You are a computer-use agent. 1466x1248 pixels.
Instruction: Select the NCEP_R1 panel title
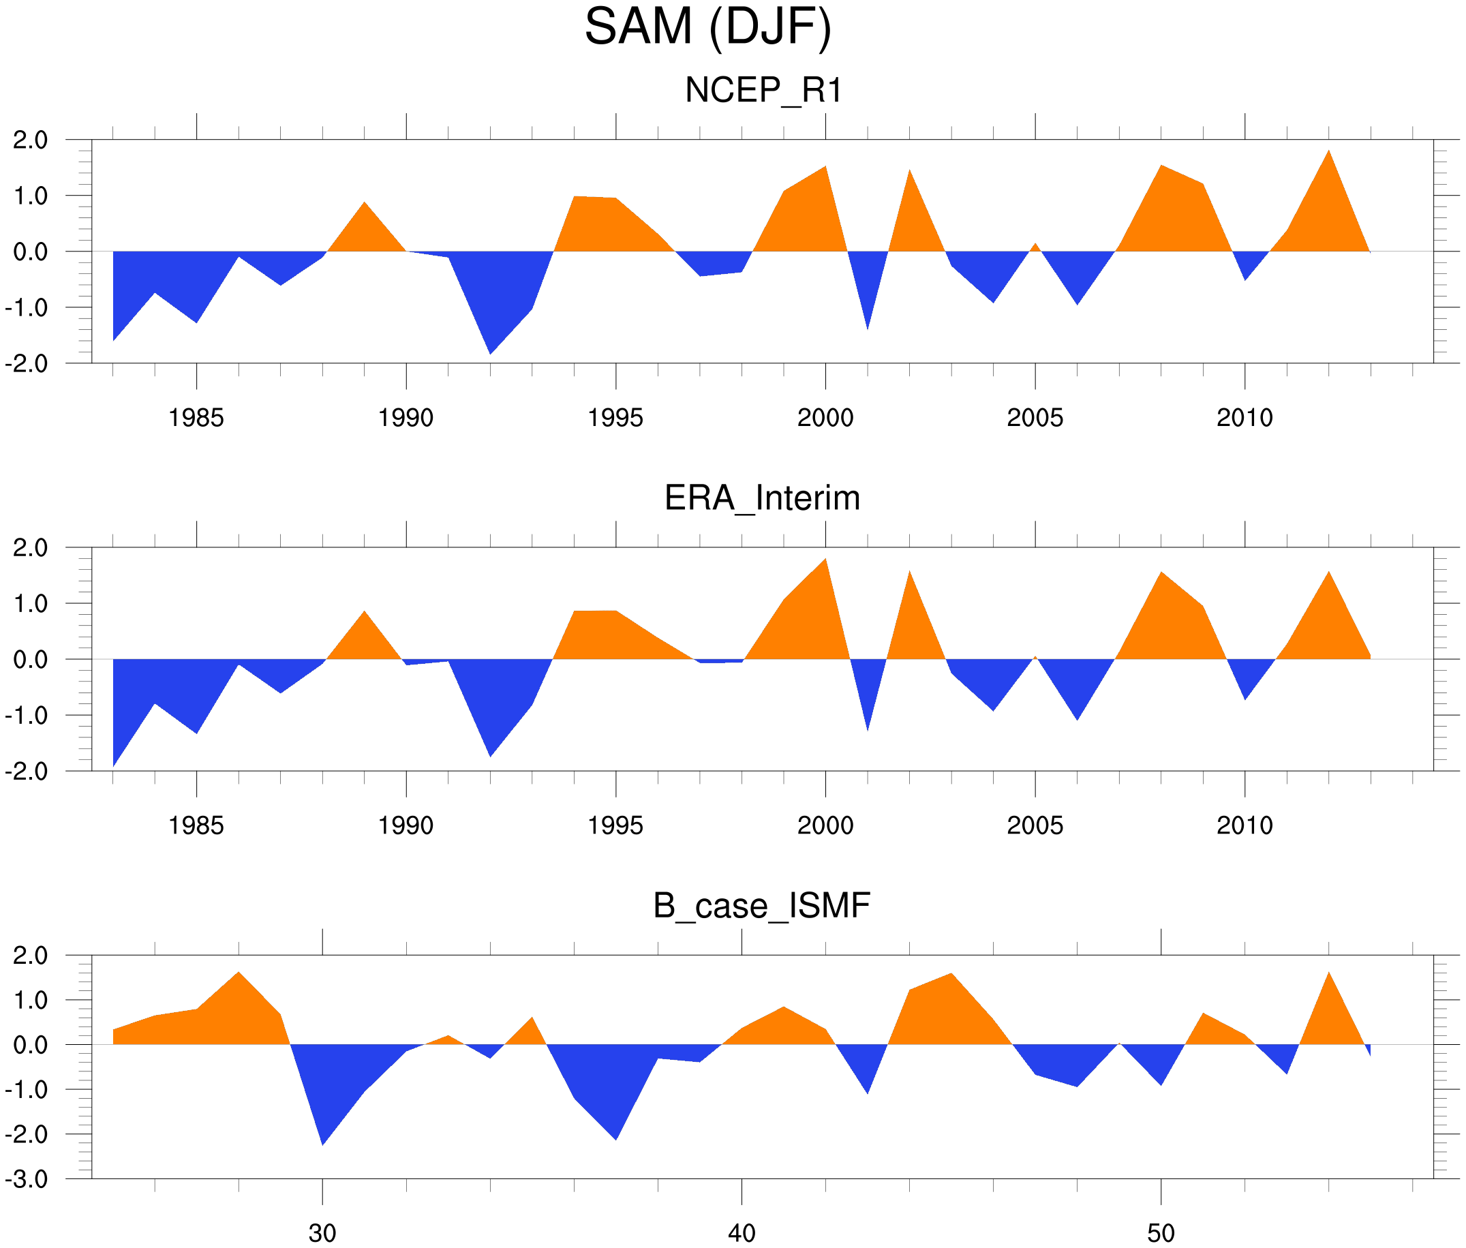(x=763, y=91)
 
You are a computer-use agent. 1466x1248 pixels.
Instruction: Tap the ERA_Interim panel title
(x=762, y=498)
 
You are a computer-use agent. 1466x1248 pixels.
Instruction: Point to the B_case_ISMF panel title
(x=761, y=906)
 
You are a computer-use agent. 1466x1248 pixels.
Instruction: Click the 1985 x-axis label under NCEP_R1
(x=196, y=418)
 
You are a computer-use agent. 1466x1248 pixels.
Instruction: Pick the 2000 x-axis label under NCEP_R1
(x=825, y=418)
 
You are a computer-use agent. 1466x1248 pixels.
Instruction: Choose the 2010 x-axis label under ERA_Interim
(x=1244, y=825)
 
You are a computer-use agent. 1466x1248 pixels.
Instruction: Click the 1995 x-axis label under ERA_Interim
(x=615, y=825)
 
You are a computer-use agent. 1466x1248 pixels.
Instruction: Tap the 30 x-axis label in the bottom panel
(x=322, y=1233)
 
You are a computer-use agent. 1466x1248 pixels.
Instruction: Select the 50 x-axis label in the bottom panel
(x=1161, y=1233)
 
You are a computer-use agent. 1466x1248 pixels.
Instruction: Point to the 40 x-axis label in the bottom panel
(x=742, y=1233)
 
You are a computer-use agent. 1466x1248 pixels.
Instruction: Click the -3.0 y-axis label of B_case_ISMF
(x=27, y=1179)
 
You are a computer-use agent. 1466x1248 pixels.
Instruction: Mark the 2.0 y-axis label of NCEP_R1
(x=31, y=140)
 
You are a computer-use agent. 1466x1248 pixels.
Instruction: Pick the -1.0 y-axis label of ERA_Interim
(x=27, y=715)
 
